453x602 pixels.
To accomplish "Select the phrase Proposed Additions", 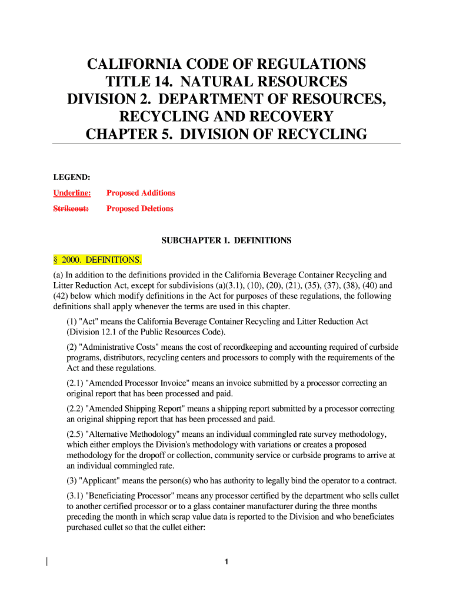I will pos(141,193).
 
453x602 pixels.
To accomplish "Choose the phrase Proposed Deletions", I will pos(140,209).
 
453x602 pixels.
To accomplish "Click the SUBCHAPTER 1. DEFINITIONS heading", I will pos(226,240).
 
